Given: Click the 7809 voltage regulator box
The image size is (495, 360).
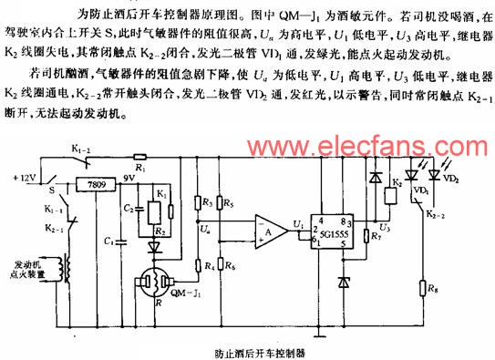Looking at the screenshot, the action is (x=88, y=185).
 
